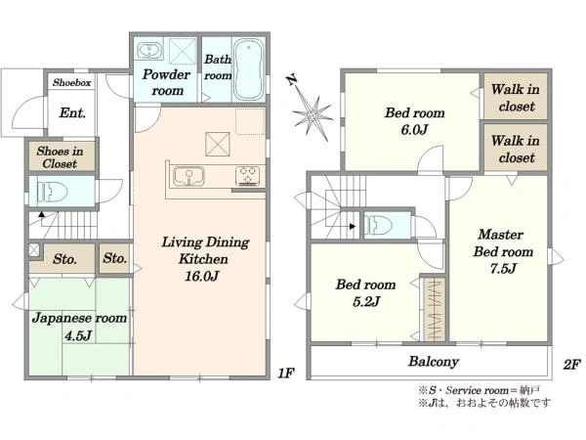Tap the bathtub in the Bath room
[248, 69]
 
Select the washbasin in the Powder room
[149, 51]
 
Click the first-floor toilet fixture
[53, 192]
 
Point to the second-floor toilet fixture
[378, 226]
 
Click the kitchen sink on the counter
[188, 176]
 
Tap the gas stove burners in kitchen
[247, 176]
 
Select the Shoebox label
[71, 82]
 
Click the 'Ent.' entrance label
[72, 112]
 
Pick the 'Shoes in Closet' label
[60, 157]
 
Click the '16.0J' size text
[202, 276]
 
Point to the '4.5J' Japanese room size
[78, 335]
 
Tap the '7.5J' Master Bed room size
[503, 268]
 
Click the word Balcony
[434, 362]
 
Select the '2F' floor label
[571, 365]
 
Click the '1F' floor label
[286, 374]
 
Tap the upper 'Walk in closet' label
[516, 98]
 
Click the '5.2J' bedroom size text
[366, 301]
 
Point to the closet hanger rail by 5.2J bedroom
[435, 310]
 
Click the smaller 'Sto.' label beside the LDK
[114, 258]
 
